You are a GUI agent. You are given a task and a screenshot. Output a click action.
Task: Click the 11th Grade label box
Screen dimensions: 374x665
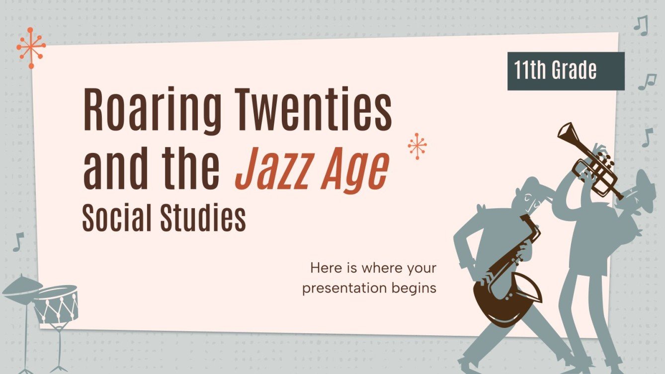point(565,71)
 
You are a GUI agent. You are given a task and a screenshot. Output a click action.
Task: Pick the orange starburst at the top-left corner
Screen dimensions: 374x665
point(31,47)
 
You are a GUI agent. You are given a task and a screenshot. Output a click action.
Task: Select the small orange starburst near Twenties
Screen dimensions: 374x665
point(417,146)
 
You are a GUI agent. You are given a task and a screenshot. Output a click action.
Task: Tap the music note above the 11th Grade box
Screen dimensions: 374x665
point(641,25)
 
